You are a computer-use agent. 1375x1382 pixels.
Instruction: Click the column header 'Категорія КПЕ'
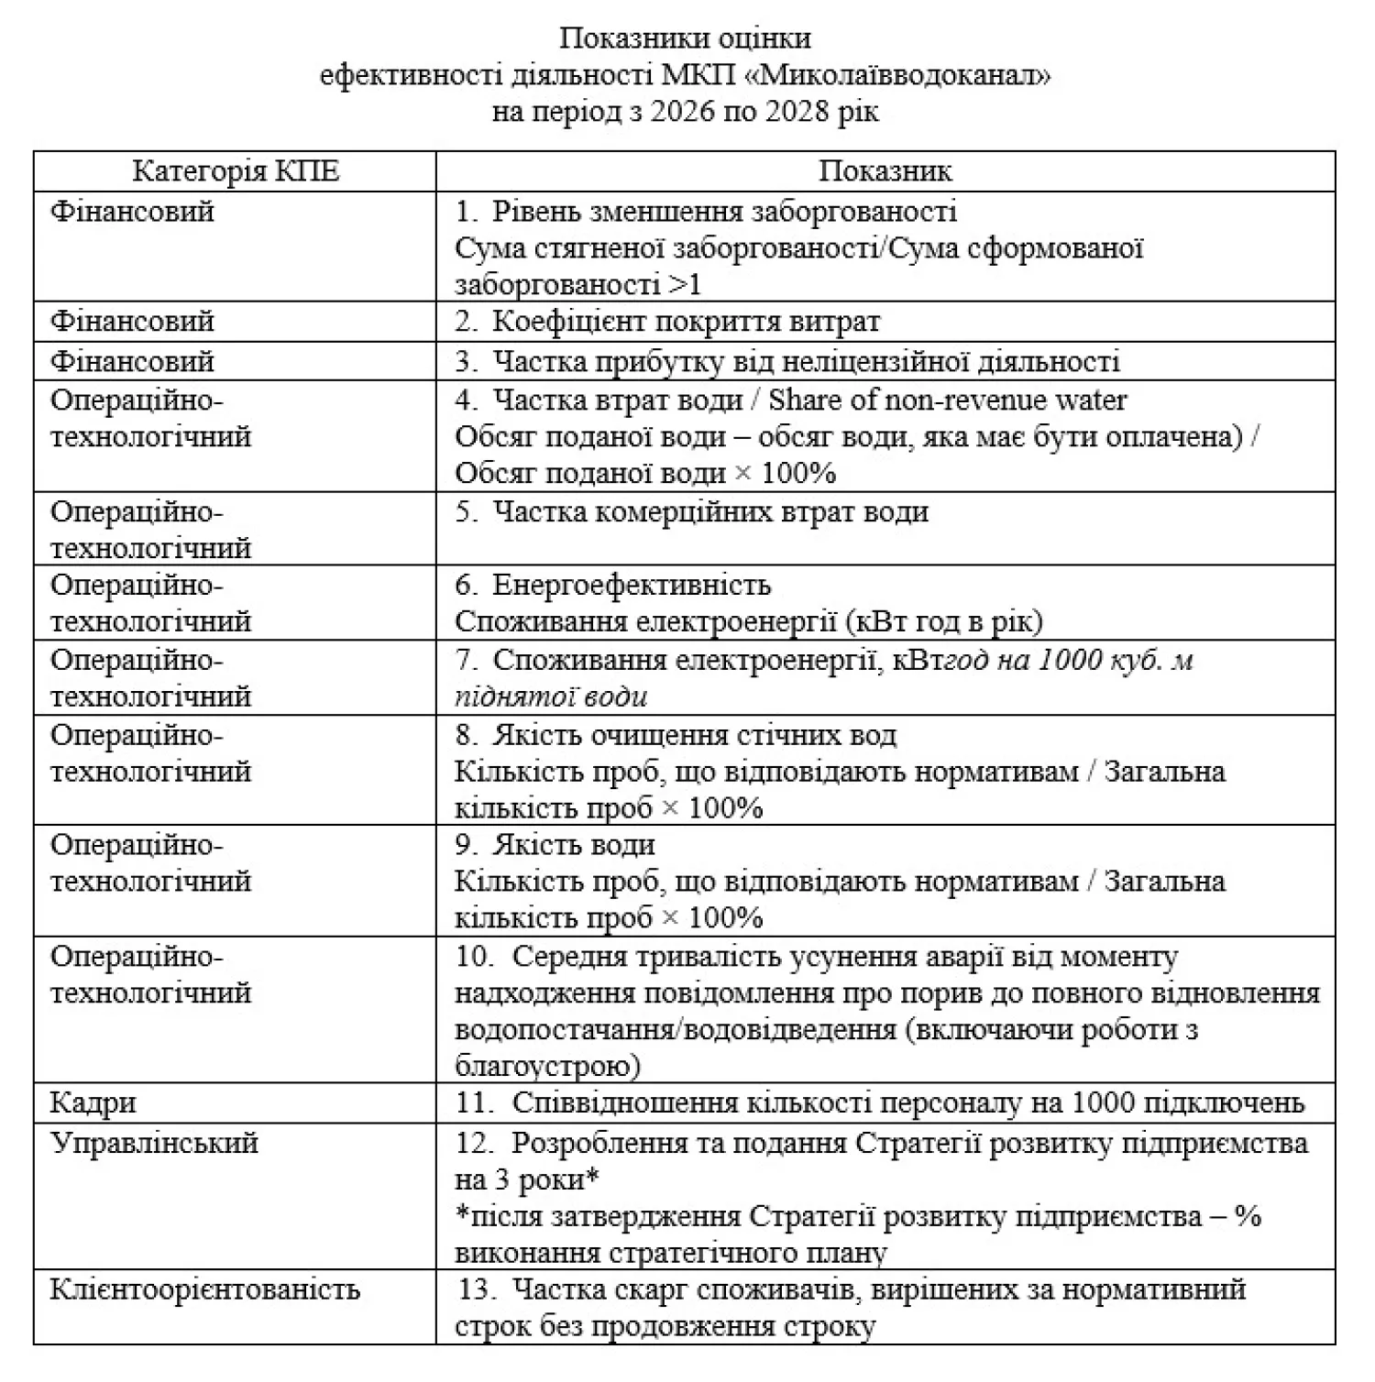click(x=236, y=171)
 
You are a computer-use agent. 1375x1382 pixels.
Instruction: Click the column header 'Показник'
click(x=885, y=171)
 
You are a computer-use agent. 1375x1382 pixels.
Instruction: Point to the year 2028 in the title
click(x=797, y=112)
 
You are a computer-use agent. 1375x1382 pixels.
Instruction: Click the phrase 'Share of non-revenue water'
click(x=948, y=400)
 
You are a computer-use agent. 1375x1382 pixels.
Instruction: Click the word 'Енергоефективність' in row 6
click(x=632, y=585)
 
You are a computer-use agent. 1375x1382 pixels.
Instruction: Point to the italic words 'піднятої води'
click(x=551, y=696)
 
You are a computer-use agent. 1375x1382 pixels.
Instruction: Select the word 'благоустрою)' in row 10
click(x=547, y=1067)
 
